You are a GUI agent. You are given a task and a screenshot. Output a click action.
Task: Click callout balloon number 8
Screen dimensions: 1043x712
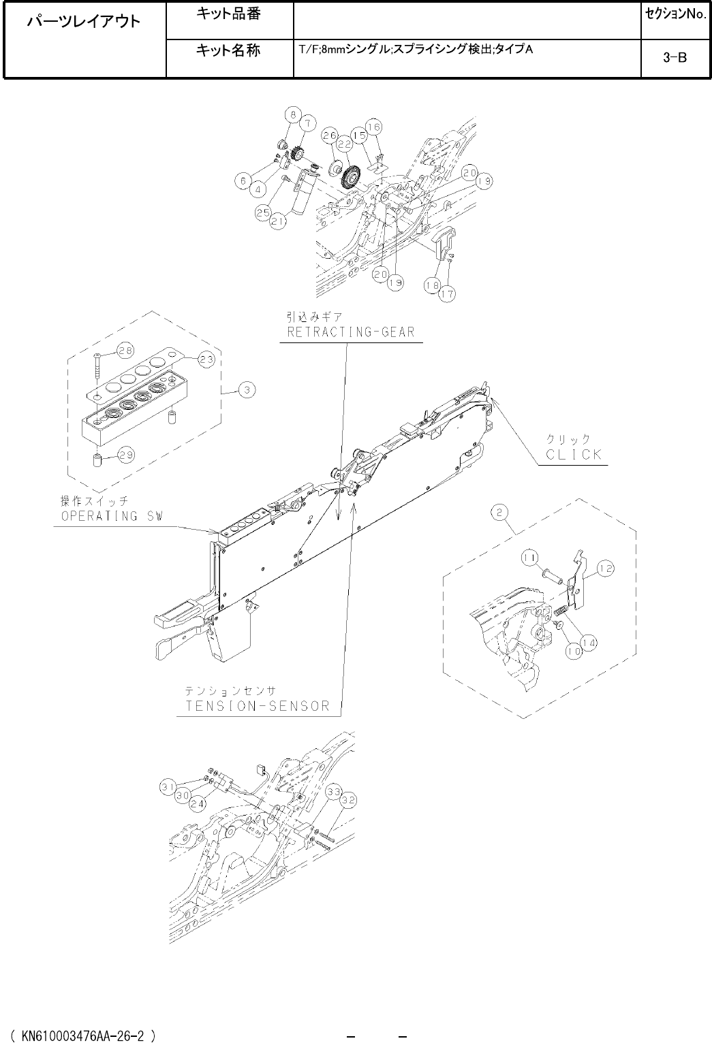(290, 114)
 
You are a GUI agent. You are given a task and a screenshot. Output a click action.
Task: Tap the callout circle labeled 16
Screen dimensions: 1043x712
(374, 127)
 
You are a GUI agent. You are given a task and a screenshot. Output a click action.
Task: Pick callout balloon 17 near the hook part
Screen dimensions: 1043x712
(448, 294)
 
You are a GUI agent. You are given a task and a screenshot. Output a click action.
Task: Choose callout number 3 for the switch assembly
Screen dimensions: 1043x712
(247, 390)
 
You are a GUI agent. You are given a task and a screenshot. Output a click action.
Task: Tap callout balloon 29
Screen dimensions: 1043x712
(126, 455)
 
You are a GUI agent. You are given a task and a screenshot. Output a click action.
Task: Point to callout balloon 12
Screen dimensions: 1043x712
(605, 567)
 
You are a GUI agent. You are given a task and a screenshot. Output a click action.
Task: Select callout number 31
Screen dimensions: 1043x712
(166, 787)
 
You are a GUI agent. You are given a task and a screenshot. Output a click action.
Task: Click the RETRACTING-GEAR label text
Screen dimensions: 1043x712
(350, 332)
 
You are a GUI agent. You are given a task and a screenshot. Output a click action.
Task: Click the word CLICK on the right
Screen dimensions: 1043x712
(574, 454)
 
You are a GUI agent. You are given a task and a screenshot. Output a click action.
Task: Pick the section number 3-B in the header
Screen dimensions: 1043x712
(675, 59)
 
